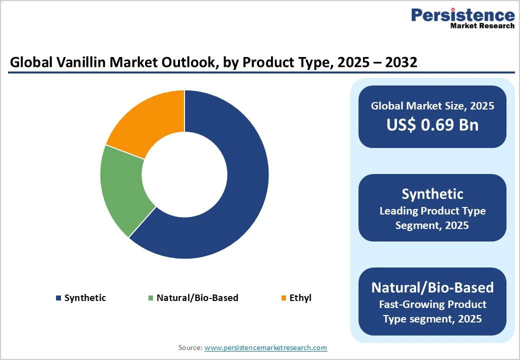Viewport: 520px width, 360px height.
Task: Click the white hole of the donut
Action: [184, 175]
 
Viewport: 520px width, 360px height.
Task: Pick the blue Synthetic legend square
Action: [58, 298]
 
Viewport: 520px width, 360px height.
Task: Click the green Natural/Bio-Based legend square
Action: [150, 298]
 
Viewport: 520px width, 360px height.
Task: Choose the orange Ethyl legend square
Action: [283, 298]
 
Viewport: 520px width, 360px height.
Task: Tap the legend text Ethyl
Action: [300, 298]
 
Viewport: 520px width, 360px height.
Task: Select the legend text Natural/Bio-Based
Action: [197, 298]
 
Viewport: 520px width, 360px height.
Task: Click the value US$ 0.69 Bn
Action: [432, 125]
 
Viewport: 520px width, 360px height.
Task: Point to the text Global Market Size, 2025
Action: [432, 106]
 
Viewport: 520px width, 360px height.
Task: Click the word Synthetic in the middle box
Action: [432, 194]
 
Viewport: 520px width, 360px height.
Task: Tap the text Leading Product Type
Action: [432, 211]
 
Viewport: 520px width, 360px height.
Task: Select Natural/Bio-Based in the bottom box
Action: [432, 287]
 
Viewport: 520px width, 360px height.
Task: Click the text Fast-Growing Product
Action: [432, 304]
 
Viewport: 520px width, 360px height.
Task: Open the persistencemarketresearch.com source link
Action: [265, 347]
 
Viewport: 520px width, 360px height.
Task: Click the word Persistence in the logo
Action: [462, 15]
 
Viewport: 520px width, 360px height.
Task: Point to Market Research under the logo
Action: [482, 25]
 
